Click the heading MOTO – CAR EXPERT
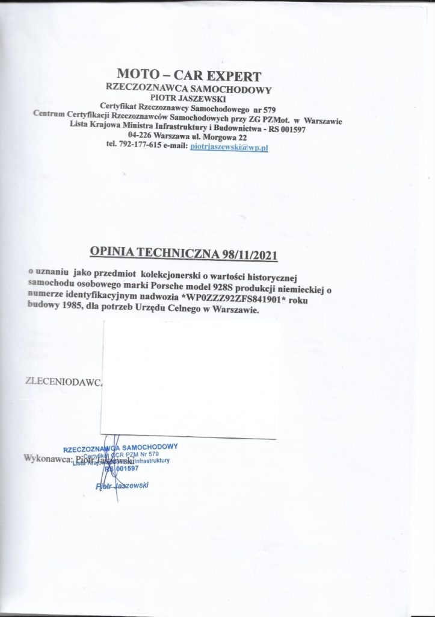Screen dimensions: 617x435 coord(189,77)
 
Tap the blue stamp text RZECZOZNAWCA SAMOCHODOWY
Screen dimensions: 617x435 coord(120,447)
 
